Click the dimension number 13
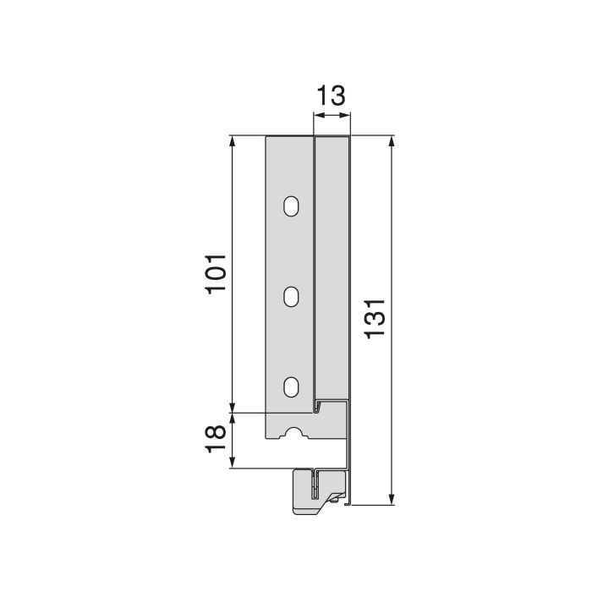point(331,95)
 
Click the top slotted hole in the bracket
point(291,206)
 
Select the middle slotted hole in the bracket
point(291,296)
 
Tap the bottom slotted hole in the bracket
point(291,386)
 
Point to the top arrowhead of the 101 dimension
point(232,141)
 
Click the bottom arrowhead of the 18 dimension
point(232,463)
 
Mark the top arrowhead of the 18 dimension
point(232,417)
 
